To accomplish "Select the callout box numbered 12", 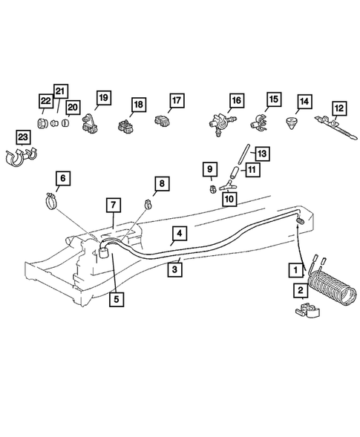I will coord(338,108).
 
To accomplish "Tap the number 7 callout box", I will coord(113,205).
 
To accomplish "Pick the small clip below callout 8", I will coord(148,203).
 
